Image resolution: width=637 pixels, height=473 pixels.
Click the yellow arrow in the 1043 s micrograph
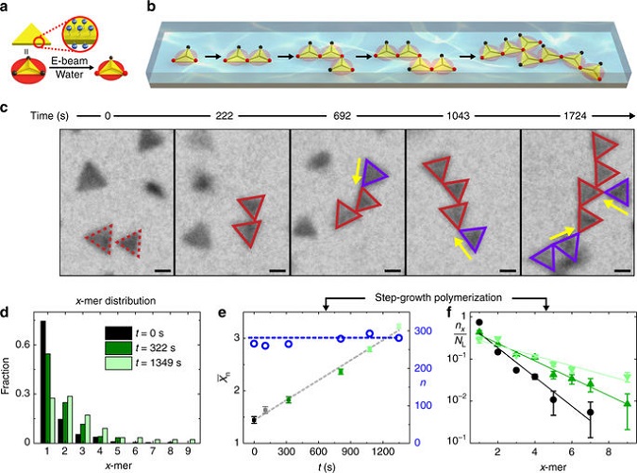(458, 248)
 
